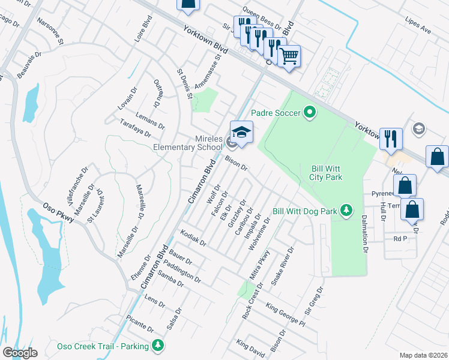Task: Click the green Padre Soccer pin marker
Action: pyautogui.click(x=310, y=112)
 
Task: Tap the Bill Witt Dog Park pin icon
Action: pyautogui.click(x=346, y=211)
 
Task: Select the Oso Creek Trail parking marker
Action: pyautogui.click(x=157, y=346)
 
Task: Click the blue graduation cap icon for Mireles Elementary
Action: pyautogui.click(x=241, y=133)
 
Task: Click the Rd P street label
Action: pyautogui.click(x=400, y=238)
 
